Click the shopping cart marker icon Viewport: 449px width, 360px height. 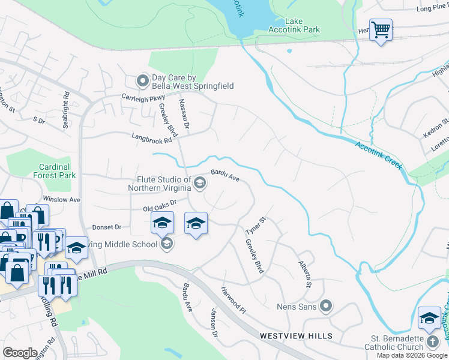[x=381, y=29]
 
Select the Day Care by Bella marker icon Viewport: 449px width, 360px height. [x=143, y=80]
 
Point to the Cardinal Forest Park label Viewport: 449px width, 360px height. [x=55, y=171]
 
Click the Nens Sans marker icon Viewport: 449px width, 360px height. [x=326, y=307]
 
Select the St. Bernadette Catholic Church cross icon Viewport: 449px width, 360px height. [x=432, y=343]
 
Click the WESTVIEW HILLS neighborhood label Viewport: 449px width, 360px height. [x=293, y=337]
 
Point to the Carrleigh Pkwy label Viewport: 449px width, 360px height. [x=143, y=97]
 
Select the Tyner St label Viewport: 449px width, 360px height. [x=255, y=226]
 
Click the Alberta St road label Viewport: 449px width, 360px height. [x=305, y=274]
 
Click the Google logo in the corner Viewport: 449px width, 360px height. [x=20, y=352]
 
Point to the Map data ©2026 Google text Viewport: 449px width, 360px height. [x=412, y=355]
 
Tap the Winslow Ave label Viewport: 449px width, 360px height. [x=61, y=199]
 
